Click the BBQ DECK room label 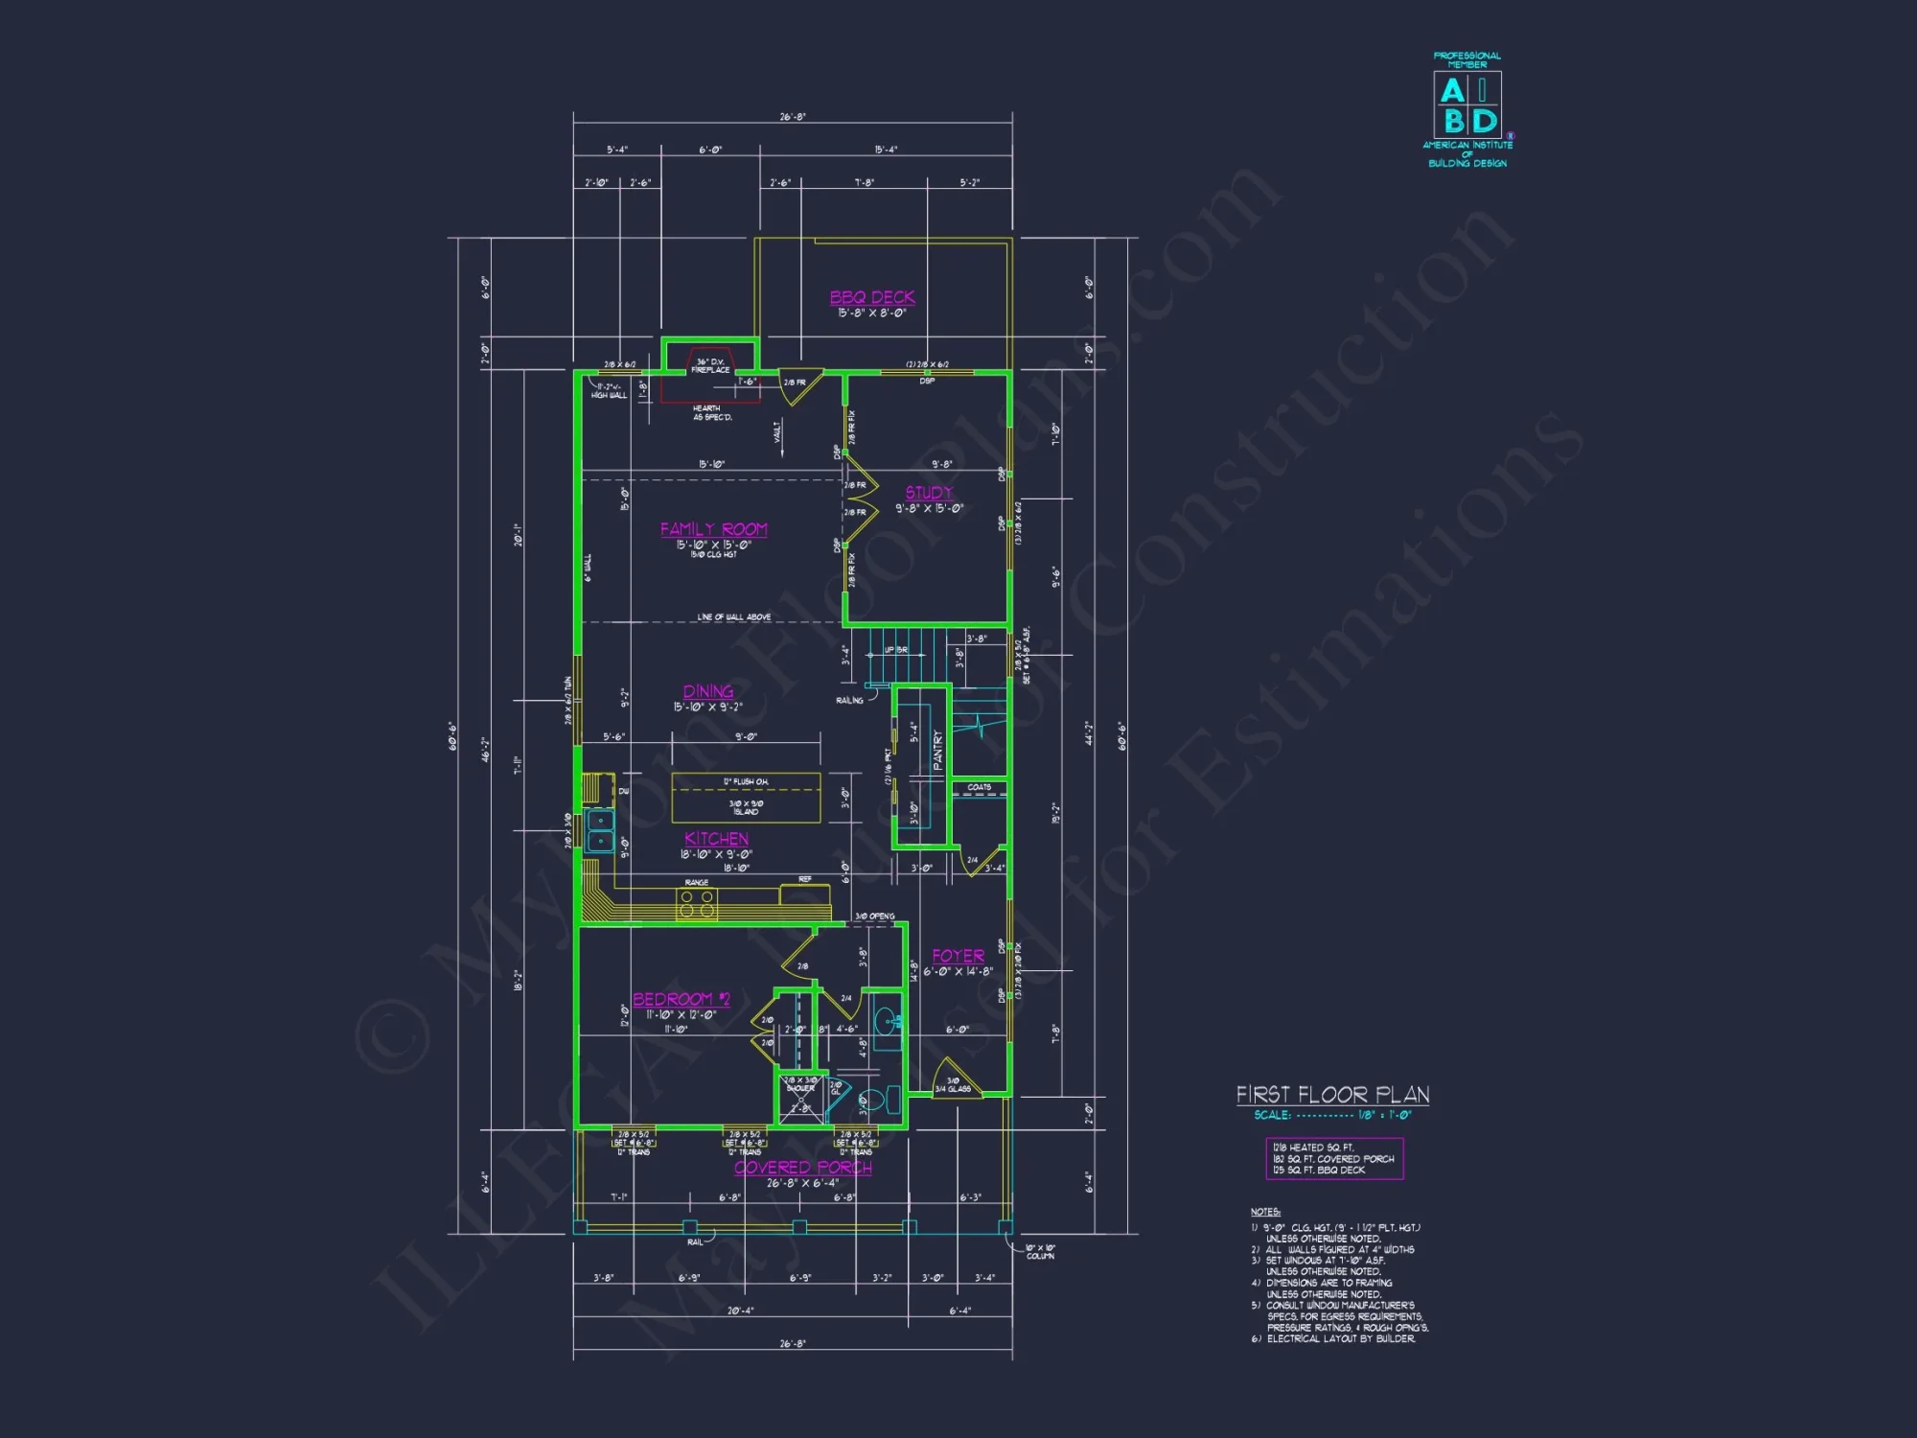[x=872, y=297]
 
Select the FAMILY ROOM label [x=714, y=529]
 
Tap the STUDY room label [x=929, y=493]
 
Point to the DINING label [x=708, y=691]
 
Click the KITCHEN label [x=716, y=839]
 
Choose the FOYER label [x=958, y=956]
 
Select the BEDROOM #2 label [x=681, y=999]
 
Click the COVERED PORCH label [x=803, y=1168]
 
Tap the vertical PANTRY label [x=937, y=751]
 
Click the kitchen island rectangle [x=746, y=798]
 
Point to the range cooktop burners [x=697, y=902]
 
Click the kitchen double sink [x=600, y=830]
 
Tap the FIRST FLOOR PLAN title [x=1332, y=1095]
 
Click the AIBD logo [x=1467, y=105]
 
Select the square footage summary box [x=1334, y=1158]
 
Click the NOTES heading [x=1265, y=1212]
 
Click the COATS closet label [x=979, y=787]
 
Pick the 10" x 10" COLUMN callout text [x=1040, y=1251]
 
